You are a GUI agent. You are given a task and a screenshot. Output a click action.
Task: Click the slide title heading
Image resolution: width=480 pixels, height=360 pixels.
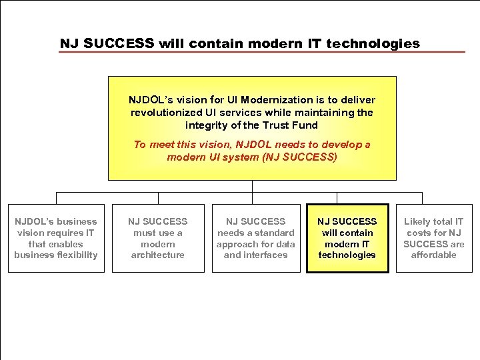point(240,43)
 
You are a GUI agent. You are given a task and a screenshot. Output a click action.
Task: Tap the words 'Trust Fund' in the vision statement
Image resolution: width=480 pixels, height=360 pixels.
point(291,125)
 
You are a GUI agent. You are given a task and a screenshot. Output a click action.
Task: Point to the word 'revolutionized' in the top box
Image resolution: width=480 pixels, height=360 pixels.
point(165,113)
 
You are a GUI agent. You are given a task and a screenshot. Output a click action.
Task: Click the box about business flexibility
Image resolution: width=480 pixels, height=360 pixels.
point(56,238)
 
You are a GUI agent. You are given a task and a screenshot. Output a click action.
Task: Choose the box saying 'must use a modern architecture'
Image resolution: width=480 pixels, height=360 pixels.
point(158,238)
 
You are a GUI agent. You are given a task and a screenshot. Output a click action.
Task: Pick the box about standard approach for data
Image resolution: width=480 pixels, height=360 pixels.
point(255,238)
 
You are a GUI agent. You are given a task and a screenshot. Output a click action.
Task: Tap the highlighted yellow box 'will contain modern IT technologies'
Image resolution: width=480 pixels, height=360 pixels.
point(347,238)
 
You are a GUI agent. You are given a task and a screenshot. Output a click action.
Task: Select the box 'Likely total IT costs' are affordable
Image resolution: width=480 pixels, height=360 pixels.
point(433,238)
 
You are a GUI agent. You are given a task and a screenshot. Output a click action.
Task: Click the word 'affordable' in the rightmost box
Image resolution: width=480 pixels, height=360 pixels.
point(433,255)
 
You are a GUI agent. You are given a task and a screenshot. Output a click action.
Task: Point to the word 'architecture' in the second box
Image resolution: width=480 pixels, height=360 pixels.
point(158,255)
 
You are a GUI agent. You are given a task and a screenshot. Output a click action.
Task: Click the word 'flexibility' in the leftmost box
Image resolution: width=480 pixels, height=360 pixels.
point(75,255)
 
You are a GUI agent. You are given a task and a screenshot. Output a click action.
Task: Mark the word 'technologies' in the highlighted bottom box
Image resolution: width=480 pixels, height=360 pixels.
point(347,255)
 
